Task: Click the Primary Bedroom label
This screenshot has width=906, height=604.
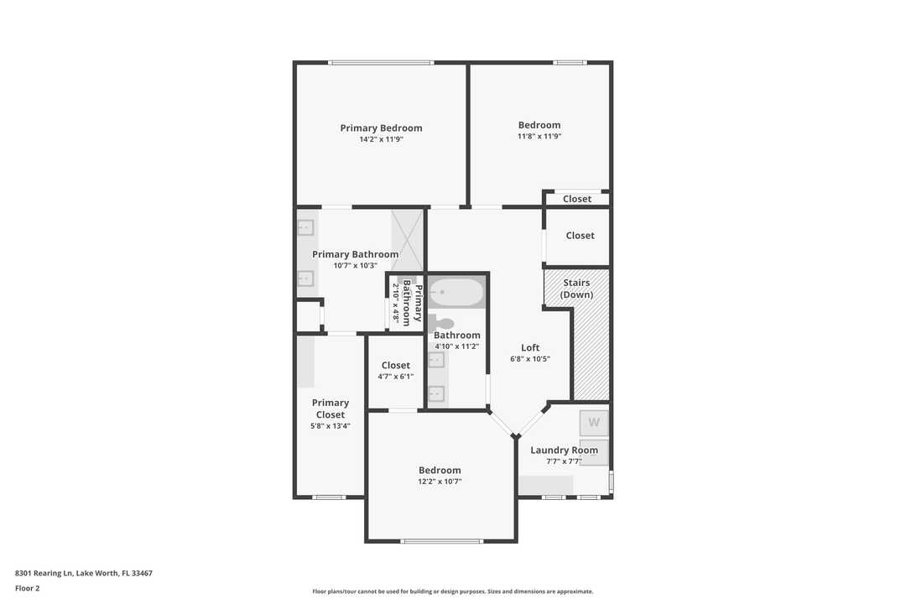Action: (x=381, y=128)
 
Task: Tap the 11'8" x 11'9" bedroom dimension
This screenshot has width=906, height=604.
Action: (x=539, y=136)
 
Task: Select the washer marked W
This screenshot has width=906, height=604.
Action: (x=594, y=422)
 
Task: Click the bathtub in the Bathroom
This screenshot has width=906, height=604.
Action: (x=457, y=293)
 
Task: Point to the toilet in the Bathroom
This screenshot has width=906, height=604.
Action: (x=442, y=323)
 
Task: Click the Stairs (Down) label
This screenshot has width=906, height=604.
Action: (x=576, y=289)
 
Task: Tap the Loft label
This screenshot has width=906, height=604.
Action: (x=530, y=347)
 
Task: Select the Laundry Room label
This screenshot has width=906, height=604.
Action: (x=564, y=450)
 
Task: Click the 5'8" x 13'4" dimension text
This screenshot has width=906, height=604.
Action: (x=331, y=426)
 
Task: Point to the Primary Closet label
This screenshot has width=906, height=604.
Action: (x=331, y=409)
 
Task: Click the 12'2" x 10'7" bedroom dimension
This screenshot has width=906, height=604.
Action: (x=440, y=482)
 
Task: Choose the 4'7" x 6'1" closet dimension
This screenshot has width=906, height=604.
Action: (x=395, y=377)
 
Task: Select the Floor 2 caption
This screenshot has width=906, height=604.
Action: (x=28, y=588)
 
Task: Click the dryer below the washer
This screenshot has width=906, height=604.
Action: (x=594, y=450)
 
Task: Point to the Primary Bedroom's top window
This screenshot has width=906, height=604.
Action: (x=381, y=62)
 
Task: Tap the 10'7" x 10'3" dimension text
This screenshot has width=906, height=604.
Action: (x=355, y=266)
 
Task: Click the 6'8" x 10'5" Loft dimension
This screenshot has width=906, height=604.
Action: (x=530, y=359)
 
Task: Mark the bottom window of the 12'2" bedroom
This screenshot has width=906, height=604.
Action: (x=441, y=541)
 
